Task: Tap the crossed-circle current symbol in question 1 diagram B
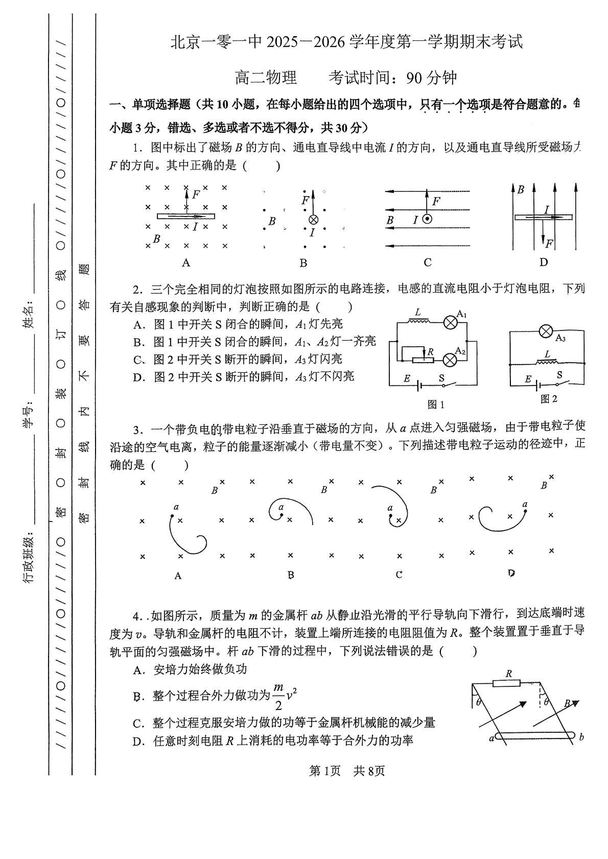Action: pos(313,220)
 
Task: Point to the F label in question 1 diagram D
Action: pos(549,244)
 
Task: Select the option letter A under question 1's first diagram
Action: pos(186,263)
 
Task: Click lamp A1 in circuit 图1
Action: pos(450,322)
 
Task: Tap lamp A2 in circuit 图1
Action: pos(450,360)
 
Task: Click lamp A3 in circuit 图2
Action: pos(546,332)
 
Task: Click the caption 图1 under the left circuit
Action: pos(436,404)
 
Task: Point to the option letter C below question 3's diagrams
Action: pos(399,575)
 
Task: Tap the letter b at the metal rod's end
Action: pos(581,737)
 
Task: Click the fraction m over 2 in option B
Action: pos(278,696)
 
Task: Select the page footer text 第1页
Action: pos(325,771)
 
